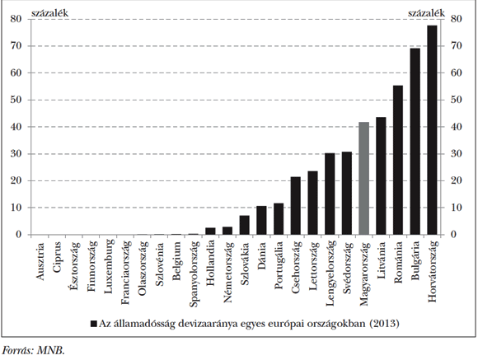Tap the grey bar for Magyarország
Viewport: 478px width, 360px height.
coord(363,178)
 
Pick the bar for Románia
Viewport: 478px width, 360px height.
coord(397,160)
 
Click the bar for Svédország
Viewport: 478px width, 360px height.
coord(346,193)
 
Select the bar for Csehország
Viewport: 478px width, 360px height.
coord(295,206)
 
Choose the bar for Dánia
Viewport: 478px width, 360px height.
coord(261,220)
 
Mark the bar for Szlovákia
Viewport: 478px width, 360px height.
coord(244,225)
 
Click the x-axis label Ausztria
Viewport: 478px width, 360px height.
coord(40,262)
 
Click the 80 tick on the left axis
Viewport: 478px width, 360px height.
coord(16,19)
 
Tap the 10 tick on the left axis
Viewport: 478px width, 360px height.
coord(16,208)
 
